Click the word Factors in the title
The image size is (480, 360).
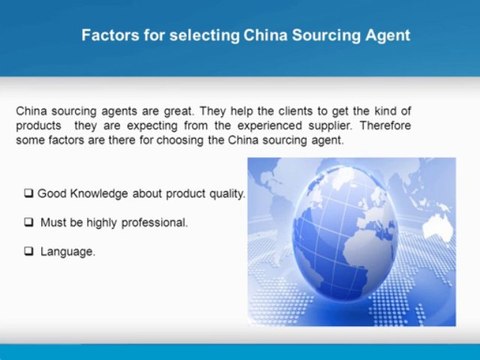click(x=105, y=36)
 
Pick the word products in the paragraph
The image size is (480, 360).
click(x=39, y=126)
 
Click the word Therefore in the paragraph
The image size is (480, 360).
click(x=385, y=126)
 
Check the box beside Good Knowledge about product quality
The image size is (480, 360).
click(x=29, y=192)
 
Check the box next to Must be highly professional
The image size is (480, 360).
click(x=29, y=222)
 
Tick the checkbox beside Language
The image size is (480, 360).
click(x=29, y=252)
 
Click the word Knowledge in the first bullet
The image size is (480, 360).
click(x=97, y=192)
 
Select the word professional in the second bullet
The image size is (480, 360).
click(x=155, y=222)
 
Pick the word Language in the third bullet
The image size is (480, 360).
click(x=68, y=252)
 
